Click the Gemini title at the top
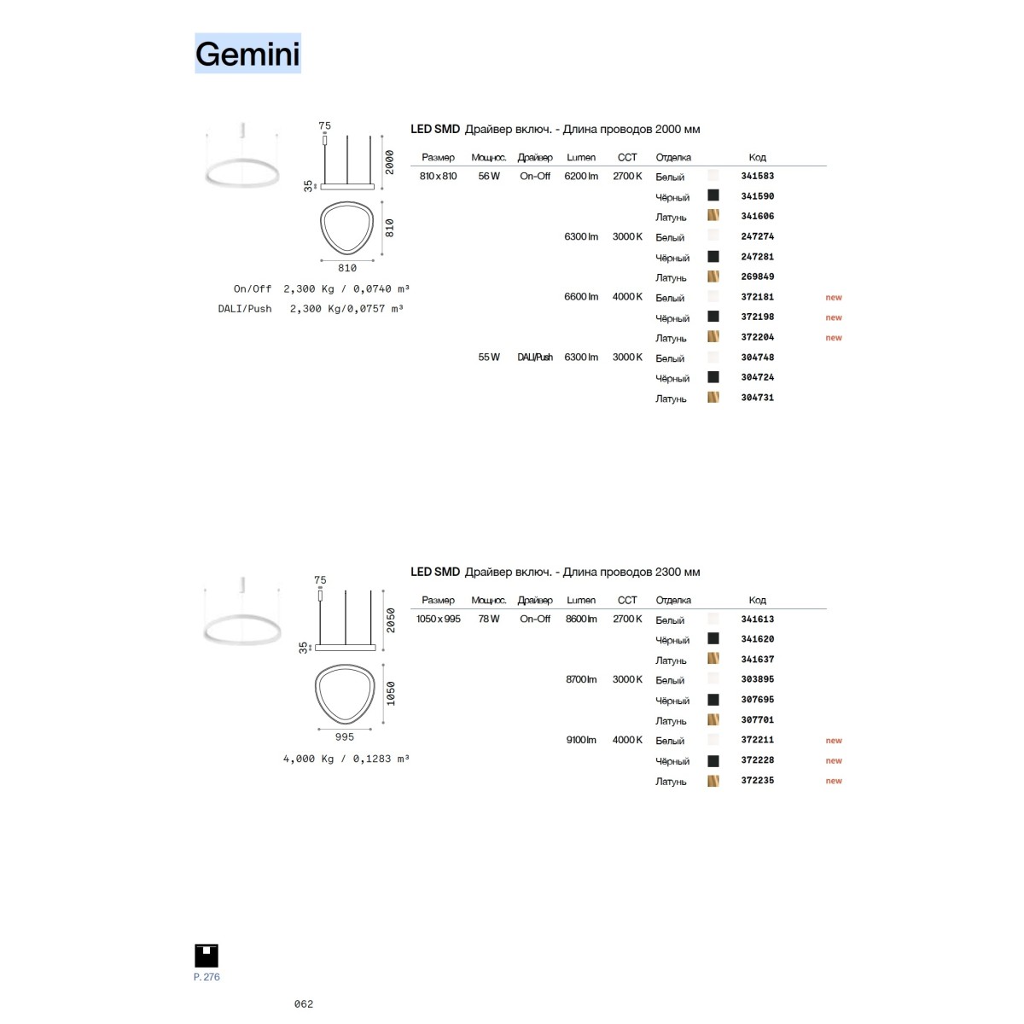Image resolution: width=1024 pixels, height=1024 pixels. pos(247,54)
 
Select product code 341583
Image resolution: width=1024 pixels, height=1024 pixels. pos(757,176)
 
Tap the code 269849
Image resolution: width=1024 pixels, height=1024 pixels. pos(757,276)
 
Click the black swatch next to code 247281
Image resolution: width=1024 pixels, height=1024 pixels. pos(713,256)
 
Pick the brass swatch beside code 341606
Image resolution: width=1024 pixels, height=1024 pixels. pos(713,215)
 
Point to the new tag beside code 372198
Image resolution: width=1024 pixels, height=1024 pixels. pos(833,317)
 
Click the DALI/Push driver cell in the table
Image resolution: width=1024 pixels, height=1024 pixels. pos(534,357)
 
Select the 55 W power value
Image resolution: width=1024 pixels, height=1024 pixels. pos(488,357)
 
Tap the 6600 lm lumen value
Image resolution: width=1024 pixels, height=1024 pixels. pos(581,296)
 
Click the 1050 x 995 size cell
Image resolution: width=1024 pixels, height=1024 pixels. pos(438,619)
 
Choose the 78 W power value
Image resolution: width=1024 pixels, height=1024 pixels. pos(488,619)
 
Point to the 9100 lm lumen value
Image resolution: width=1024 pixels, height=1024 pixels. pos(581,740)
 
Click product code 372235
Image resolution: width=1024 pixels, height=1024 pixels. pos(757,780)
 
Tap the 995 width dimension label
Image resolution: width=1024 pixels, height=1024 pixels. pos(345,736)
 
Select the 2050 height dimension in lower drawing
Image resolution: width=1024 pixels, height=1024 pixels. pos(391,620)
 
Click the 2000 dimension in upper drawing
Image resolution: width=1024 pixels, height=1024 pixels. pos(389,162)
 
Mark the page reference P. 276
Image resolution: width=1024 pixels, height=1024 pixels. pos(207,977)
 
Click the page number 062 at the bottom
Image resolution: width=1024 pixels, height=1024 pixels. pos(304,1004)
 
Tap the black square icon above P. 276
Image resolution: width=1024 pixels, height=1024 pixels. pos(207,956)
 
